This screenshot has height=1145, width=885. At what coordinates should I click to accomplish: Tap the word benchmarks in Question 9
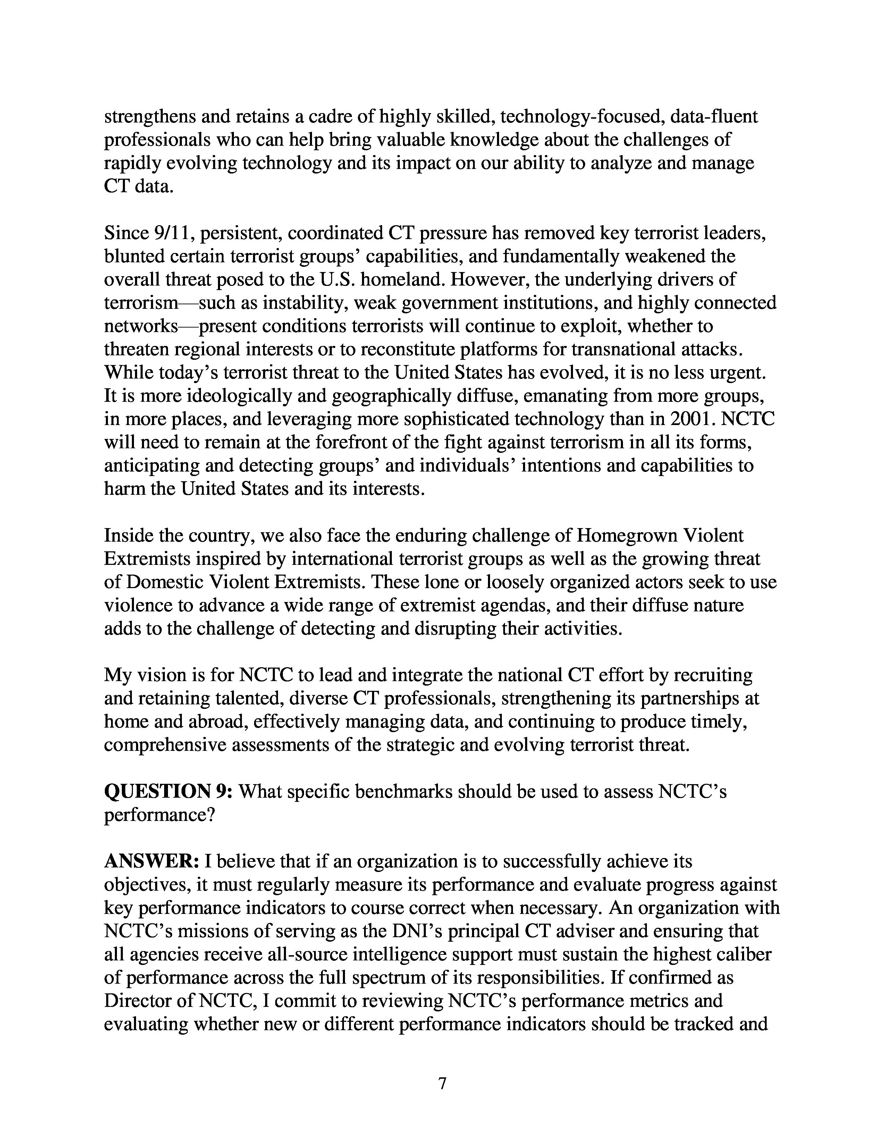(403, 792)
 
